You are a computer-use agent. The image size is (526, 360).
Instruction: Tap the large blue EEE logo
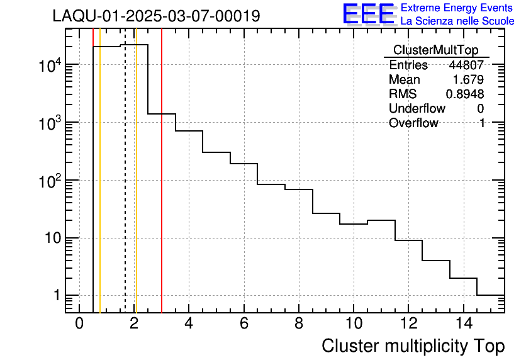[x=368, y=14]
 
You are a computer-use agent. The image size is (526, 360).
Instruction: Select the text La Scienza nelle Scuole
[x=457, y=21]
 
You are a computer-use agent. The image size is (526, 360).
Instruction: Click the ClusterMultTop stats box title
[x=435, y=50]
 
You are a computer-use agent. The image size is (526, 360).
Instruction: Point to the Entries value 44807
[x=466, y=65]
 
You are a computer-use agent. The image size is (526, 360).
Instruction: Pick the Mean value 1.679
[x=468, y=80]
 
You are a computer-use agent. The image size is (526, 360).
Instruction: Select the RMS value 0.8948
[x=465, y=94]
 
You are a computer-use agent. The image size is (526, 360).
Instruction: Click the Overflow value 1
[x=481, y=123]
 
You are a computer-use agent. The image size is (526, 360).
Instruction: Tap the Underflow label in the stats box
[x=417, y=109]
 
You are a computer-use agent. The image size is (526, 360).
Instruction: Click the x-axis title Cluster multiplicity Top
[x=413, y=346]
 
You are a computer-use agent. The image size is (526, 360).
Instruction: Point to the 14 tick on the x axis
[x=462, y=324]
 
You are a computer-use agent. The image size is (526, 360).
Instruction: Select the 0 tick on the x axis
[x=79, y=324]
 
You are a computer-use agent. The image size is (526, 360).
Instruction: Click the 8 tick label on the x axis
[x=299, y=324]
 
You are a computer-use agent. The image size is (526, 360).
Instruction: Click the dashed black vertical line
[x=125, y=189]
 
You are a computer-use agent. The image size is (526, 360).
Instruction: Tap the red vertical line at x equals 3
[x=162, y=189]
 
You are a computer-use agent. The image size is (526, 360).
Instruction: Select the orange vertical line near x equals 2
[x=136, y=189]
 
